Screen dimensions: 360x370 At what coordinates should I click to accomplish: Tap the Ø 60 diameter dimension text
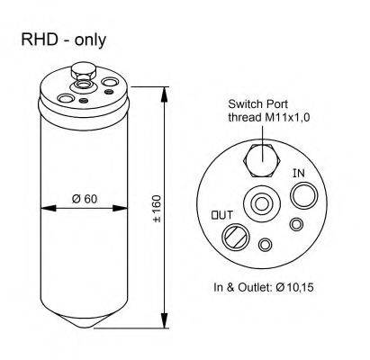(x=84, y=199)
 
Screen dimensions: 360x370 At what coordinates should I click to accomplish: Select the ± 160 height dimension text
(x=157, y=208)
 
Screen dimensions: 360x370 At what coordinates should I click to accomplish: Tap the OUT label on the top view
(x=221, y=214)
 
